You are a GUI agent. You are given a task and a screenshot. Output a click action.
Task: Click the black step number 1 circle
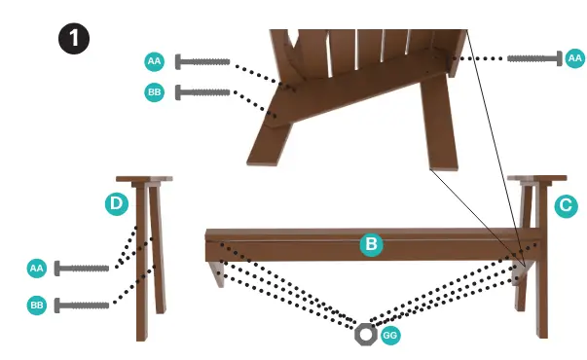pyautogui.click(x=74, y=40)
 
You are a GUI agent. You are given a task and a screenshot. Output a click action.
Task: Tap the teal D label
pyautogui.click(x=116, y=204)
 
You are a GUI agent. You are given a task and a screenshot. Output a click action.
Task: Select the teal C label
pyautogui.click(x=565, y=205)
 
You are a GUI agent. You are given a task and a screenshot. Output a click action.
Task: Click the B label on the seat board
pyautogui.click(x=370, y=244)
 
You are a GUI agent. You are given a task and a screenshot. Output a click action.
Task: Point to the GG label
pyautogui.click(x=390, y=335)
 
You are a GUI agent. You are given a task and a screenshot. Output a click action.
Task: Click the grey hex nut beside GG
pyautogui.click(x=365, y=335)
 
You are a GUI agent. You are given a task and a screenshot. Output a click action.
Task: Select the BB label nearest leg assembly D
pyautogui.click(x=37, y=306)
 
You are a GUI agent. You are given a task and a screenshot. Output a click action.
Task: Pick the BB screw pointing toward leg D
pyautogui.click(x=82, y=306)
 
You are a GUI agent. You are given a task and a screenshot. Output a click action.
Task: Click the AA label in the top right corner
pyautogui.click(x=574, y=59)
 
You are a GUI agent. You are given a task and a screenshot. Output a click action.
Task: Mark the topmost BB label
pyautogui.click(x=154, y=93)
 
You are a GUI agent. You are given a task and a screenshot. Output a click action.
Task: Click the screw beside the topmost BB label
pyautogui.click(x=202, y=93)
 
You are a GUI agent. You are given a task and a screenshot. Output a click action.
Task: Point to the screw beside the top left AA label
pyautogui.click(x=202, y=62)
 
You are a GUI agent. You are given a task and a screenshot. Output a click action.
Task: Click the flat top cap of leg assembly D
pyautogui.click(x=144, y=179)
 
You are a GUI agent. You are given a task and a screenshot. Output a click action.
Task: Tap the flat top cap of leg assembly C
pyautogui.click(x=536, y=179)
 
